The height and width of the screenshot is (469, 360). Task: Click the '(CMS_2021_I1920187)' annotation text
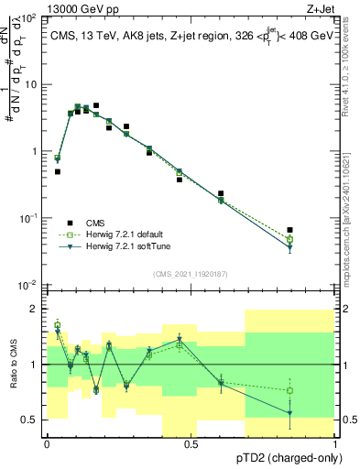191,274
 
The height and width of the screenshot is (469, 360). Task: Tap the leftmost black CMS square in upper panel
58,171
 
